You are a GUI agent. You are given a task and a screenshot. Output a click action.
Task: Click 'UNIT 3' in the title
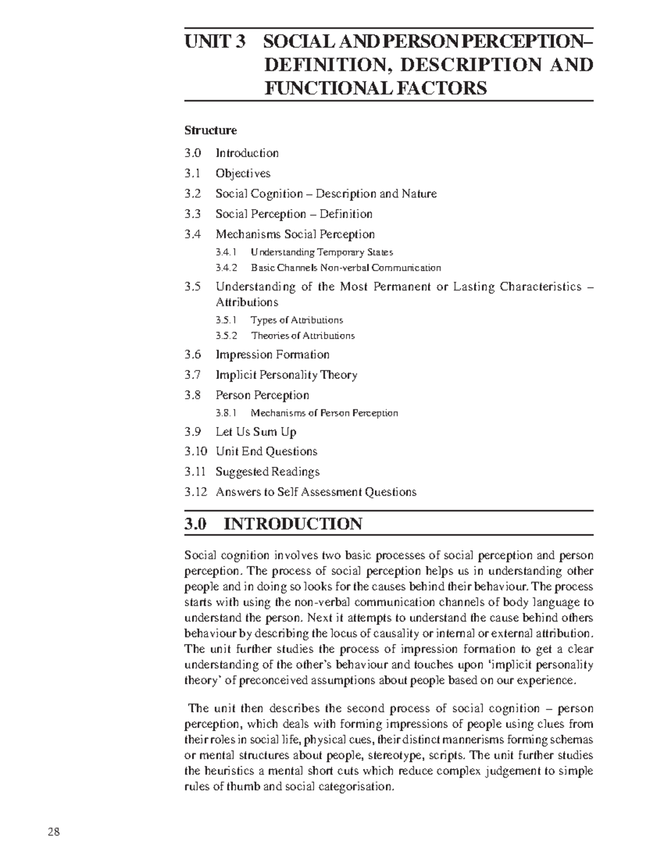click(214, 42)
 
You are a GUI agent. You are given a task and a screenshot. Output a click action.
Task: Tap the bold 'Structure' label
click(210, 131)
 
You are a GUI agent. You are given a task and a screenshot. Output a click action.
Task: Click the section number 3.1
click(192, 173)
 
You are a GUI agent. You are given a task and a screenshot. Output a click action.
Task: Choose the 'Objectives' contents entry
click(243, 173)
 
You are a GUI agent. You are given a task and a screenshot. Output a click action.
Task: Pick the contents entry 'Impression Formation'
click(272, 355)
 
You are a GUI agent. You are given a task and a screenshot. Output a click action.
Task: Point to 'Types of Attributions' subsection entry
click(297, 320)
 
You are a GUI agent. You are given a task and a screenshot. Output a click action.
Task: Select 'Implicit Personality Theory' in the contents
click(286, 375)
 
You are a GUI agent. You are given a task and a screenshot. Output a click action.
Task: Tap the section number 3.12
click(195, 492)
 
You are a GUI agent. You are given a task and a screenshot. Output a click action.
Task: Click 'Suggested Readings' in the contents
click(267, 472)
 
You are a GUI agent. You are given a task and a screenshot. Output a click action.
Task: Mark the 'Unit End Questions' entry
click(266, 451)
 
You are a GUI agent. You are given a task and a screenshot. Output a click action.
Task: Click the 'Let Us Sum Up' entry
click(256, 431)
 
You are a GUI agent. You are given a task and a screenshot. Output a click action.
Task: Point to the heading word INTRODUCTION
click(293, 523)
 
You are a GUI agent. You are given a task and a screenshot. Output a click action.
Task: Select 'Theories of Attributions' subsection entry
click(303, 335)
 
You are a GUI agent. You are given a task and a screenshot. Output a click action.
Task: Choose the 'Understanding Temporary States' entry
click(321, 252)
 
